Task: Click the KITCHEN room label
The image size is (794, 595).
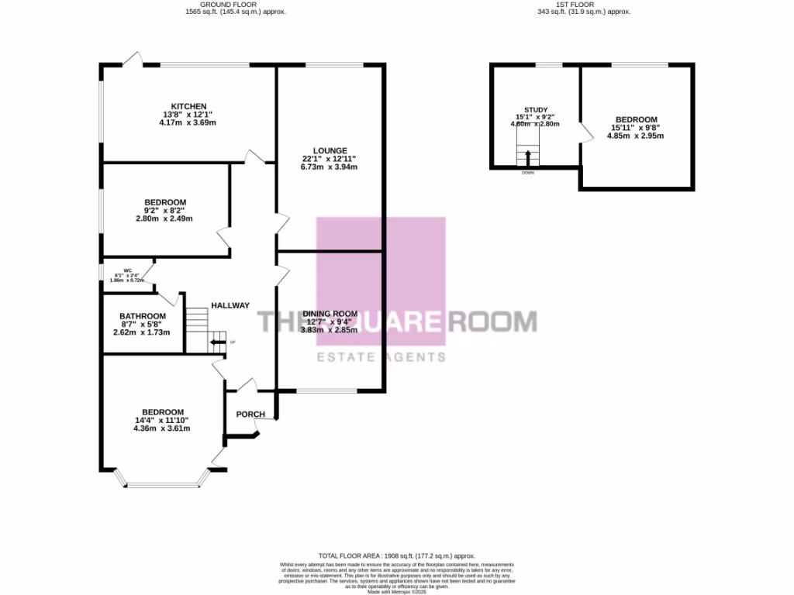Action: pyautogui.click(x=189, y=106)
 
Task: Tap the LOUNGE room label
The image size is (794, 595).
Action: pyautogui.click(x=330, y=150)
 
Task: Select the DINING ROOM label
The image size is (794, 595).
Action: pyautogui.click(x=330, y=313)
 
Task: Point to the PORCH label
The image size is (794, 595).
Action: pyautogui.click(x=250, y=414)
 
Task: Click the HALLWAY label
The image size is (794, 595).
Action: pyautogui.click(x=230, y=305)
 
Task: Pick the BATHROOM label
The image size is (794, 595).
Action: pyautogui.click(x=142, y=316)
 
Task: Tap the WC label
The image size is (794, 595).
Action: pyautogui.click(x=127, y=270)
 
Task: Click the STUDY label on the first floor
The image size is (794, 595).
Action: pyautogui.click(x=536, y=110)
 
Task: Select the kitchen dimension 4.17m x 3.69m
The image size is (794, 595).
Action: pyautogui.click(x=187, y=122)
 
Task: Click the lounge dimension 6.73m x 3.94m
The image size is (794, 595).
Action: pyautogui.click(x=330, y=167)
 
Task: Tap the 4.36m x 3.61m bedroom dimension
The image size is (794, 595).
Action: pyautogui.click(x=162, y=428)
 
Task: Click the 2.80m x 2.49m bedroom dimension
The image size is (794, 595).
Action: pyautogui.click(x=164, y=218)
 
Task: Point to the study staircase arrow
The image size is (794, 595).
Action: pyautogui.click(x=529, y=157)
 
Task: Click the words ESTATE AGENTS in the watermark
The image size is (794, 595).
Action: pyautogui.click(x=379, y=357)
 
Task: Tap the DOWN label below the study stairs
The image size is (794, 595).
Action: pyautogui.click(x=528, y=173)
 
